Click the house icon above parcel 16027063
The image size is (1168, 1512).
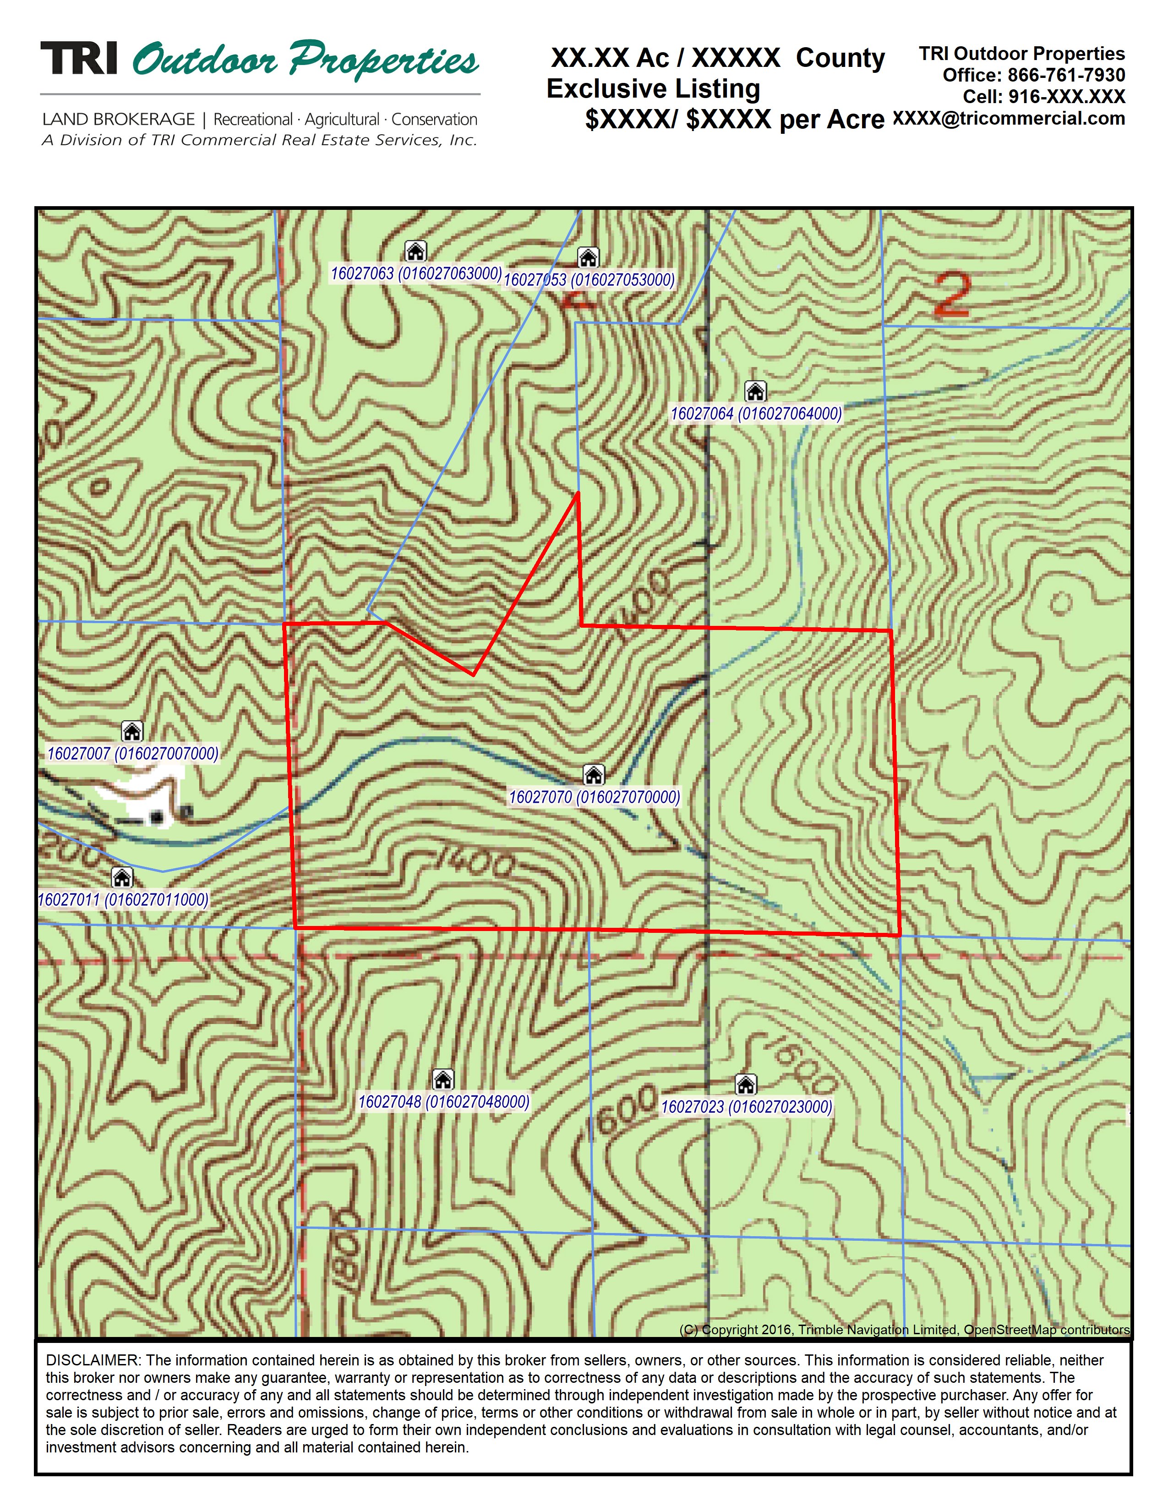[x=415, y=251]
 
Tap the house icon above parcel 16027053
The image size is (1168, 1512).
[x=588, y=257]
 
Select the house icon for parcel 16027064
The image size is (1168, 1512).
[x=755, y=391]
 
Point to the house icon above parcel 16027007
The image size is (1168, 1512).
[x=131, y=731]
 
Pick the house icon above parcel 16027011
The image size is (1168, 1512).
[x=122, y=878]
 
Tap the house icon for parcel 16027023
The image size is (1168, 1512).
[x=745, y=1084]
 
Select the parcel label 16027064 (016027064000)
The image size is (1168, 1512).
[x=756, y=414]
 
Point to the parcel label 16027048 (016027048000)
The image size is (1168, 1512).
[x=443, y=1101]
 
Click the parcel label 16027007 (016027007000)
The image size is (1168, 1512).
[x=133, y=753]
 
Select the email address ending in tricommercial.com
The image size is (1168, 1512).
[x=1009, y=118]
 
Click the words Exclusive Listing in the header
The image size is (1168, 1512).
[x=653, y=88]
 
